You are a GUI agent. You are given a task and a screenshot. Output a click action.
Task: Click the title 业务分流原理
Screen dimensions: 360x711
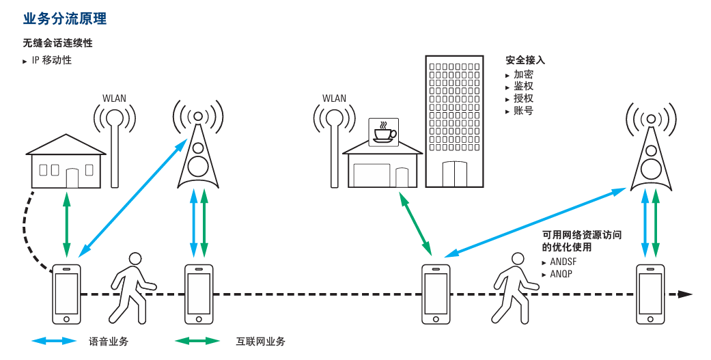pyautogui.click(x=65, y=18)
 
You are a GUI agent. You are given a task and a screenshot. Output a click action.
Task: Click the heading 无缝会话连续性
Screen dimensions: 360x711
pyautogui.click(x=57, y=43)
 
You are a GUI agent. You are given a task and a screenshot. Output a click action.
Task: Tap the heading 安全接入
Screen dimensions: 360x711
pyautogui.click(x=525, y=60)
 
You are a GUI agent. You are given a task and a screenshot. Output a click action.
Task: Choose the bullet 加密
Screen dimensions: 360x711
pyautogui.click(x=524, y=74)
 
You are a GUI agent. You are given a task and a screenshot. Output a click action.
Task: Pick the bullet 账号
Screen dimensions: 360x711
pyautogui.click(x=524, y=110)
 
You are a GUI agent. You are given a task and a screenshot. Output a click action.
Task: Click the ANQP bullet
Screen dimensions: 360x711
pyautogui.click(x=561, y=274)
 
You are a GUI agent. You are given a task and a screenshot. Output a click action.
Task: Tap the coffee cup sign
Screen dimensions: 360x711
pyautogui.click(x=383, y=130)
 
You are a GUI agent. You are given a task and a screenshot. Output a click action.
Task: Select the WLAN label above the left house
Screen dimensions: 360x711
pyautogui.click(x=114, y=98)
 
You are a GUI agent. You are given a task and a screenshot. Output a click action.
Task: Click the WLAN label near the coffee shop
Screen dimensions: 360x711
pyautogui.click(x=334, y=98)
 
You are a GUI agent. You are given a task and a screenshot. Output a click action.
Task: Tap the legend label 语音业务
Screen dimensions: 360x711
pyautogui.click(x=109, y=341)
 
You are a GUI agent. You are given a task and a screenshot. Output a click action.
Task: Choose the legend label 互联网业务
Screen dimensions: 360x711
pyautogui.click(x=260, y=341)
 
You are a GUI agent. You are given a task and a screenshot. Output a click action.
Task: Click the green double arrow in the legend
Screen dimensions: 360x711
pyautogui.click(x=197, y=341)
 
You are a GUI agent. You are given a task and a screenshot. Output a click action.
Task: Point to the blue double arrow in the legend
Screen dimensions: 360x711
pyautogui.click(x=54, y=341)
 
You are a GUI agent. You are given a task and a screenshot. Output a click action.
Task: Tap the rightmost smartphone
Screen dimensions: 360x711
pyautogui.click(x=650, y=294)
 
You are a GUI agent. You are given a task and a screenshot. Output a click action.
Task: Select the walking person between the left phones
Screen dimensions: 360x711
pyautogui.click(x=133, y=287)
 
